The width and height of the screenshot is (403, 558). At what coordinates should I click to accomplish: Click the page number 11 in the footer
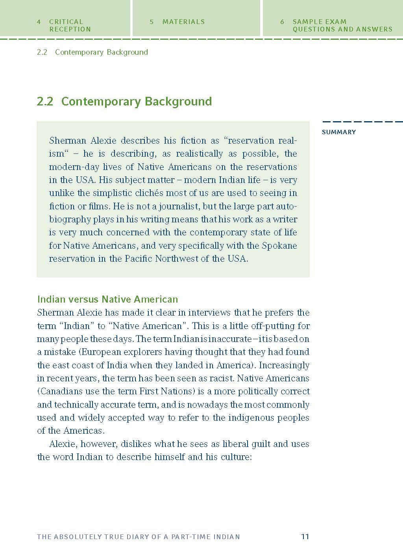[x=305, y=536]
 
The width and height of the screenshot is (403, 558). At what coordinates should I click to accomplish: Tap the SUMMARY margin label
[x=338, y=132]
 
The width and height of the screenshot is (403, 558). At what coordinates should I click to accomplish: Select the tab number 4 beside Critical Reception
[x=39, y=22]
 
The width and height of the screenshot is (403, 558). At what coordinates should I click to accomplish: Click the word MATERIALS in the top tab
[x=183, y=22]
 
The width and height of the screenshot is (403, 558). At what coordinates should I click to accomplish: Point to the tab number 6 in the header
[x=282, y=22]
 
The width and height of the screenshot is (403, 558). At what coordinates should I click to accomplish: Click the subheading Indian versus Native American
[x=107, y=299]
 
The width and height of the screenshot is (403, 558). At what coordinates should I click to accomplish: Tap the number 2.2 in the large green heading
[x=45, y=102]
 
